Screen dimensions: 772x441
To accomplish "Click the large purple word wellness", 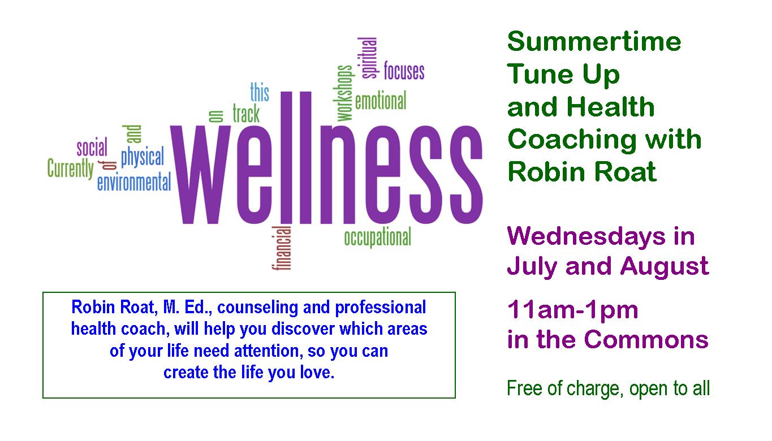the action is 326,158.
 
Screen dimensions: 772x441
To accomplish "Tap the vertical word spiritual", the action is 368,58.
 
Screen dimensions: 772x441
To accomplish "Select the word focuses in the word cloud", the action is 404,71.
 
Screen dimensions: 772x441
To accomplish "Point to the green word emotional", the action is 381,101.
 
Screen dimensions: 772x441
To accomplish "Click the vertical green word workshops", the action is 344,93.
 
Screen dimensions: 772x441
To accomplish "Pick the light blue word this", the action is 260,92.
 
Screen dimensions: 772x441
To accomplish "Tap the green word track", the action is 246,113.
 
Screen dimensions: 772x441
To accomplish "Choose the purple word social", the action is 92,146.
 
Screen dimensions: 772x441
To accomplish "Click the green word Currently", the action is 70,169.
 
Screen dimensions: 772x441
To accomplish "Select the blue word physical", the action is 143,158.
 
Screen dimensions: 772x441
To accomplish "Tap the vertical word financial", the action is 282,248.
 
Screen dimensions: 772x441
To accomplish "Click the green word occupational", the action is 378,237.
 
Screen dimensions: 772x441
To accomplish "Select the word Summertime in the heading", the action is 594,41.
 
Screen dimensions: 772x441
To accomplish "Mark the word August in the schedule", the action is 665,267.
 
